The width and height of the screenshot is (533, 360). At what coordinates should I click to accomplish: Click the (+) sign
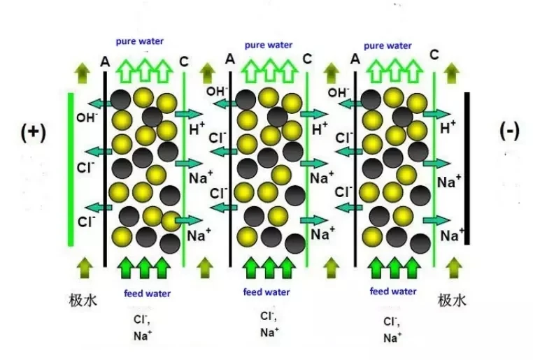pyautogui.click(x=33, y=132)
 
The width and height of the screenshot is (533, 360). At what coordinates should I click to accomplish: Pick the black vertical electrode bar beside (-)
pyautogui.click(x=467, y=168)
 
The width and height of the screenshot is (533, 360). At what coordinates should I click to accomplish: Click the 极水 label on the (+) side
pyautogui.click(x=83, y=301)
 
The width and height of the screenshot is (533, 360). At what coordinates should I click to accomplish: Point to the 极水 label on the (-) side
pyautogui.click(x=452, y=301)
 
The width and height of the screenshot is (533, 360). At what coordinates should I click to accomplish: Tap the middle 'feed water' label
pyautogui.click(x=266, y=292)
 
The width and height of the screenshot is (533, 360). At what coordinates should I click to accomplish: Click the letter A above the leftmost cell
pyautogui.click(x=105, y=62)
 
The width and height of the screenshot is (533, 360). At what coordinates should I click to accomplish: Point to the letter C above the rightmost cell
pyautogui.click(x=434, y=55)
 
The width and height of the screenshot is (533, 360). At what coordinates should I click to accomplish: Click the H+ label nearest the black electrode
pyautogui.click(x=448, y=127)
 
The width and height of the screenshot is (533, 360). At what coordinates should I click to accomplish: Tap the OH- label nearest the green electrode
pyautogui.click(x=87, y=117)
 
